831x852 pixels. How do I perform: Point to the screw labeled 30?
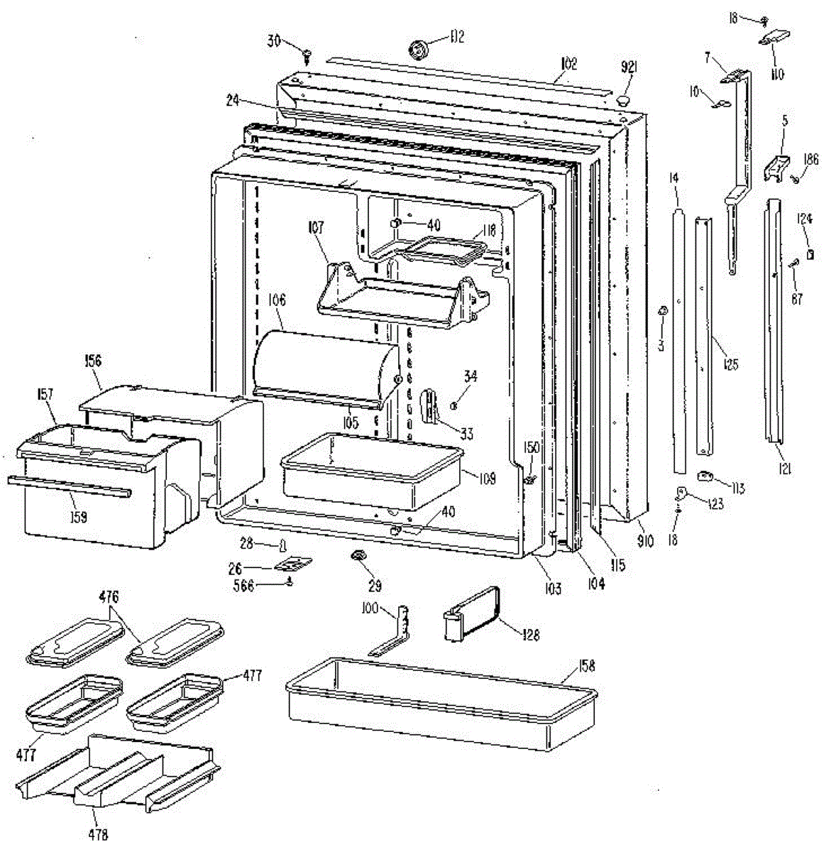pyautogui.click(x=308, y=53)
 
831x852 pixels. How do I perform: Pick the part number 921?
pyautogui.click(x=629, y=67)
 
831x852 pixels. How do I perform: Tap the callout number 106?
pyautogui.click(x=277, y=301)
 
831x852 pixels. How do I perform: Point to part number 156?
pyautogui.click(x=92, y=361)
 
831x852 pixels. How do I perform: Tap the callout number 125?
pyautogui.click(x=730, y=365)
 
